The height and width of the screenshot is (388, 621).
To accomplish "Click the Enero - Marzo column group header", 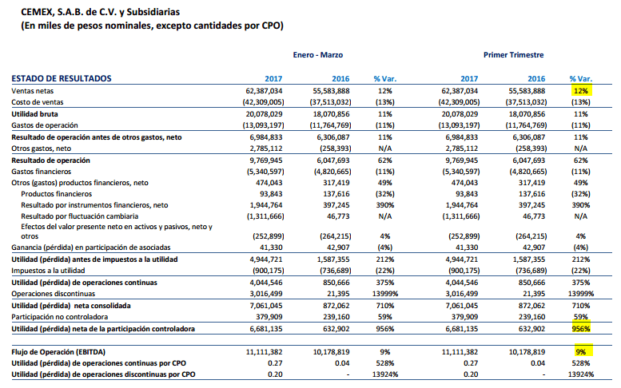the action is tap(317, 55).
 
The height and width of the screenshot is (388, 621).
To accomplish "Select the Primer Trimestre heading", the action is tap(513, 55).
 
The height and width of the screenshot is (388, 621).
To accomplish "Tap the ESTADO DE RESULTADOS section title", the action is tap(62, 78).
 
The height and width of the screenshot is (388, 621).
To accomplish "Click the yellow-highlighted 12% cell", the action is tap(581, 90).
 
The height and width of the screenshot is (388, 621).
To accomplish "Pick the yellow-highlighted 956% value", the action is tap(581, 328).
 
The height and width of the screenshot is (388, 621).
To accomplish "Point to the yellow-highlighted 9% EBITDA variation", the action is tap(581, 351).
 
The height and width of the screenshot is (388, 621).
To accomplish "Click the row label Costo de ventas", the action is tap(38, 102).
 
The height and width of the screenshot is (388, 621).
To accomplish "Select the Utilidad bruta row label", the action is tap(34, 114).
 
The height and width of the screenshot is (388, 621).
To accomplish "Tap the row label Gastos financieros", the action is tap(42, 172).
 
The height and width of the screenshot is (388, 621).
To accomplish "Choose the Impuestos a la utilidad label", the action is tap(48, 271).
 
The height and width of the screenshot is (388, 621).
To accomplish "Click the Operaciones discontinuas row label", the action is tap(53, 294).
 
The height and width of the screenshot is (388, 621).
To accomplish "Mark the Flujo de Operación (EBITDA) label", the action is tap(58, 352).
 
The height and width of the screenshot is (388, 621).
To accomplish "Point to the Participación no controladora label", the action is tap(59, 317).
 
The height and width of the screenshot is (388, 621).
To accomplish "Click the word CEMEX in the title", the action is tap(37, 12).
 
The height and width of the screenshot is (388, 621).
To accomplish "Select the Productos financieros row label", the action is tap(56, 194).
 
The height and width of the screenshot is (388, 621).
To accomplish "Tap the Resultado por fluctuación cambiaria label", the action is tap(80, 216).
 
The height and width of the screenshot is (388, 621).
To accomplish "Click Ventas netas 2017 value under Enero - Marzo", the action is tap(265, 90).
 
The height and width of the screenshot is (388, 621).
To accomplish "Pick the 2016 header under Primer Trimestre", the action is tap(536, 78).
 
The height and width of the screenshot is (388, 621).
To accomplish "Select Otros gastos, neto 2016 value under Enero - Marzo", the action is tap(335, 148).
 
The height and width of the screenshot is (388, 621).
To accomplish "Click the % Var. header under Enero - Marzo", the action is tap(385, 78).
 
